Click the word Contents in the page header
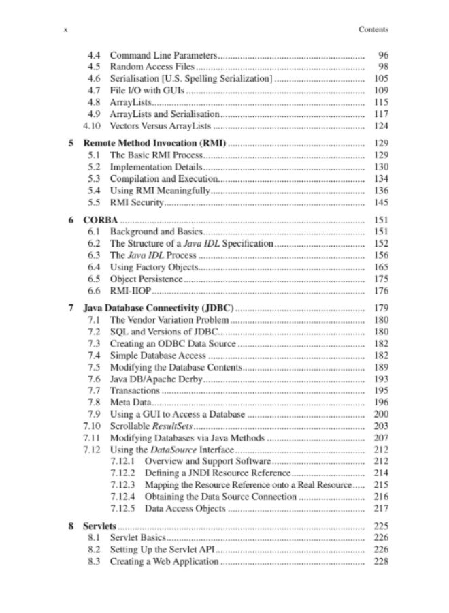[373, 29]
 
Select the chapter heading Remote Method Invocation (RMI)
[154, 144]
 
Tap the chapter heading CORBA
[101, 221]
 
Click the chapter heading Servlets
[100, 526]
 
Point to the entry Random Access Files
[152, 67]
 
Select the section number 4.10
[93, 126]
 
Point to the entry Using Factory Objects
[154, 267]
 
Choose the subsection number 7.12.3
[122, 485]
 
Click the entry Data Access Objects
[185, 508]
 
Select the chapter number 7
[71, 308]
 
